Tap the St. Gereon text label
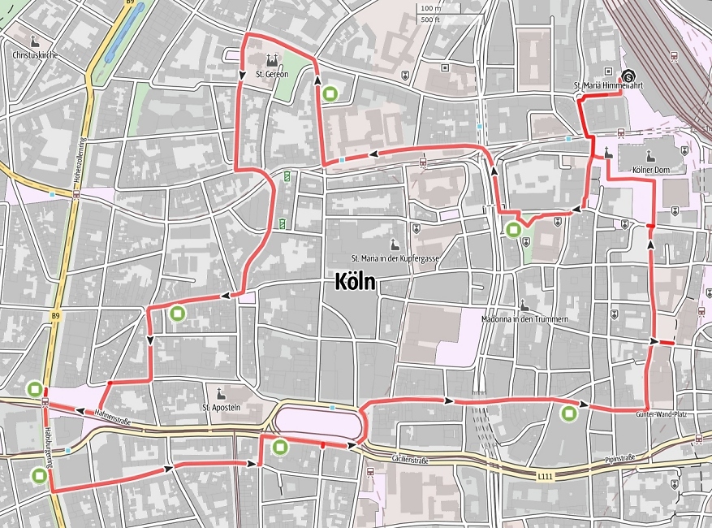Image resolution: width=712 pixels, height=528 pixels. [x=272, y=75]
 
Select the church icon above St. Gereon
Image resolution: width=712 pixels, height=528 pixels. [x=272, y=60]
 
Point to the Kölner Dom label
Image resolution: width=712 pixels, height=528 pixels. [x=649, y=169]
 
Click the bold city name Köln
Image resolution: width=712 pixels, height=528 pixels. [x=354, y=282]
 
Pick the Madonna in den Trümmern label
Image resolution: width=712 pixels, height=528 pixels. [x=524, y=319]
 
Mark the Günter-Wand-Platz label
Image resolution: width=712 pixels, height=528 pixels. [x=662, y=414]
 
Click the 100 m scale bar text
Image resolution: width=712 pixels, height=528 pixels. [x=429, y=8]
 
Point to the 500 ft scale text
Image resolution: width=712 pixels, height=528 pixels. [x=429, y=19]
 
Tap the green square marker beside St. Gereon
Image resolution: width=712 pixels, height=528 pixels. [x=330, y=94]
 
